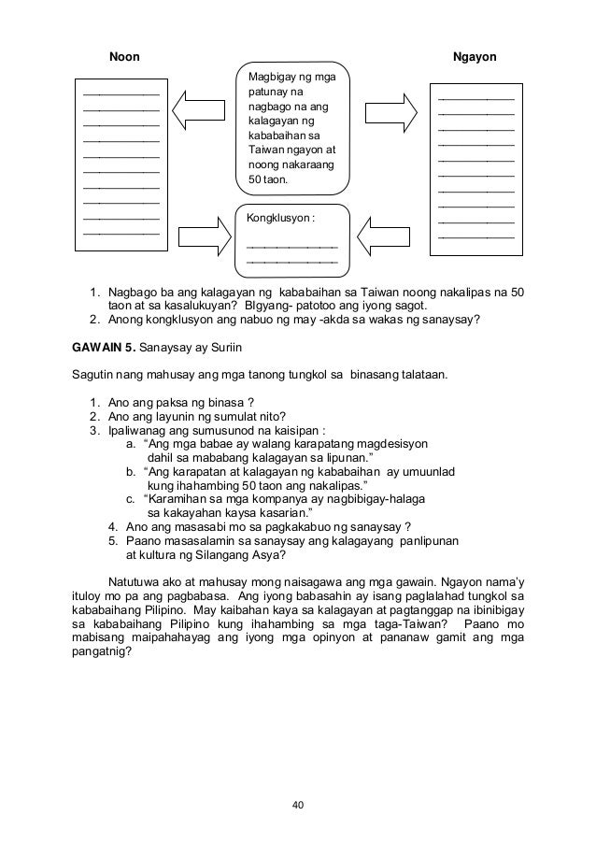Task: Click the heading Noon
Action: [x=125, y=58]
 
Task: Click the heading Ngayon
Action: [x=474, y=58]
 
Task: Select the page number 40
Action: [x=297, y=803]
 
